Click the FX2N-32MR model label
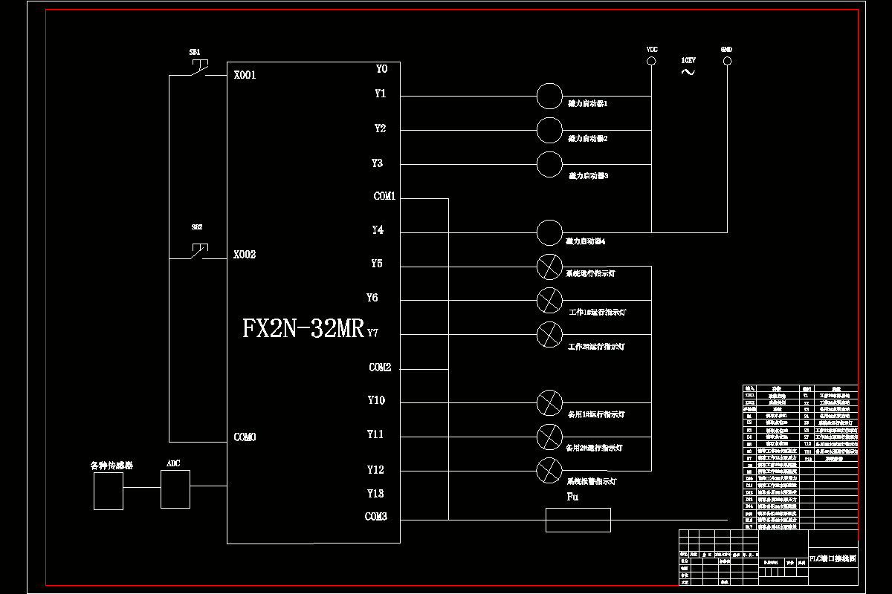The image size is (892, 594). pyautogui.click(x=303, y=328)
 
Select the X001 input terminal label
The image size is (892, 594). pyautogui.click(x=245, y=75)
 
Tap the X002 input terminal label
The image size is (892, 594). pyautogui.click(x=245, y=255)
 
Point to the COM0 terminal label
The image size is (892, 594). pyautogui.click(x=245, y=437)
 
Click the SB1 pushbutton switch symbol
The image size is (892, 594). pyautogui.click(x=197, y=69)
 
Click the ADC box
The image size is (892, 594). pyautogui.click(x=175, y=489)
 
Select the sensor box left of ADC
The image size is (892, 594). pyautogui.click(x=109, y=492)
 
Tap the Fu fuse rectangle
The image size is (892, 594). pyautogui.click(x=578, y=520)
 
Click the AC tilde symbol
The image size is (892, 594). pyautogui.click(x=688, y=71)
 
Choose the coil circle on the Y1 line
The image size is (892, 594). pyautogui.click(x=549, y=96)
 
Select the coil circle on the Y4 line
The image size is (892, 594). pyautogui.click(x=549, y=232)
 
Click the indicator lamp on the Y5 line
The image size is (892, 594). pyautogui.click(x=549, y=266)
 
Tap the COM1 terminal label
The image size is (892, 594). pyautogui.click(x=384, y=197)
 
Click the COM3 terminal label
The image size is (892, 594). pyautogui.click(x=375, y=518)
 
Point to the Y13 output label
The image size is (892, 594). pyautogui.click(x=375, y=494)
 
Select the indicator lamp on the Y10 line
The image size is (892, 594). pyautogui.click(x=549, y=402)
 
